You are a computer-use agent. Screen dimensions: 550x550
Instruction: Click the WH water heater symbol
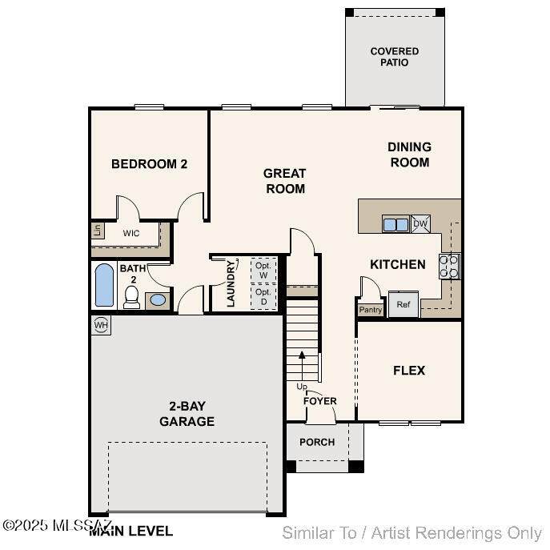pos(101,325)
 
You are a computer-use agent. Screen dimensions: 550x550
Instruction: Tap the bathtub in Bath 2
pos(104,285)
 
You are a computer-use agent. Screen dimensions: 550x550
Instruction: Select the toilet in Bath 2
pos(132,297)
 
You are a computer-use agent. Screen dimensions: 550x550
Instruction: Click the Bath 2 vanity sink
pos(158,300)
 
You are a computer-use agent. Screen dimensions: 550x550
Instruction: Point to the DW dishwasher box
pos(420,224)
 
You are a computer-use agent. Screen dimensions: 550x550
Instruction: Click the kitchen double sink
pos(395,224)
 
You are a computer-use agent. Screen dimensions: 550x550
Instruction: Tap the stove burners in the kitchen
pos(449,267)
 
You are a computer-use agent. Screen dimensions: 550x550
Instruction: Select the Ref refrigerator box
pos(403,304)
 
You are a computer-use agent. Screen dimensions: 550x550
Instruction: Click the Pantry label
pos(371,310)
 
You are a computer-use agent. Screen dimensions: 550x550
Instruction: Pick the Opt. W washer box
pos(263,270)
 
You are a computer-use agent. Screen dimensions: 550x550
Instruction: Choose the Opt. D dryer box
pos(263,297)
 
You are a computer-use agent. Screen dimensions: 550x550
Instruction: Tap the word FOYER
pos(320,401)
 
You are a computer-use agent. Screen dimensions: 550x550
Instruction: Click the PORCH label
pos(317,442)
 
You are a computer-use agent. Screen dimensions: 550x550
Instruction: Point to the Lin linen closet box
pos(98,231)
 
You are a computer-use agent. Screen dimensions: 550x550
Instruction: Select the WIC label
pos(131,233)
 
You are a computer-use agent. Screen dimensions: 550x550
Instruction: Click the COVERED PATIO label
pos(395,57)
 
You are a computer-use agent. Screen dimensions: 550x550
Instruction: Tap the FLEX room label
pos(409,371)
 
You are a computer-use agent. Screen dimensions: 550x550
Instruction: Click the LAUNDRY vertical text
pos(231,283)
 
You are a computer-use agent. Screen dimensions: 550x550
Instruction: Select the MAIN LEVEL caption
pos(130,531)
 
